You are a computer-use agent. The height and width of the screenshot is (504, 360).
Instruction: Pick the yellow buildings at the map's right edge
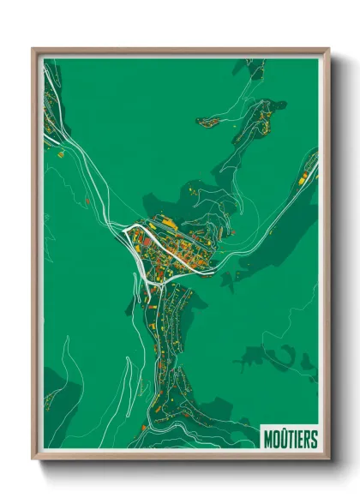(x=306, y=176)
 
